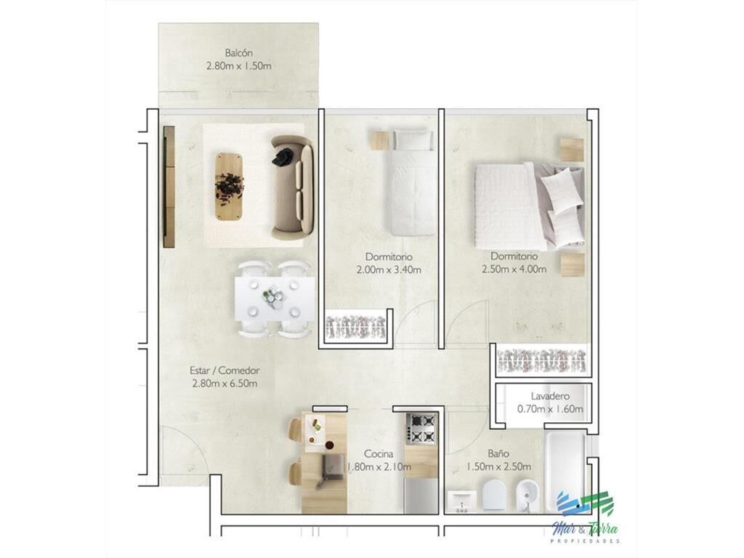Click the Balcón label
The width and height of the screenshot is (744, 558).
tap(238, 52)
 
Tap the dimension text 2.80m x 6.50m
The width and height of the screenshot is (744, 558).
tap(225, 384)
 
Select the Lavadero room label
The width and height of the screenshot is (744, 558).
tap(550, 396)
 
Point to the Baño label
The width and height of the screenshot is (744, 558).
tap(498, 453)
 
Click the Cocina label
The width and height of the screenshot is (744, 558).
tap(379, 454)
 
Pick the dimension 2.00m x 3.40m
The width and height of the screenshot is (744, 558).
tap(389, 270)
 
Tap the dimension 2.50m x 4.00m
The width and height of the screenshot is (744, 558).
tap(514, 269)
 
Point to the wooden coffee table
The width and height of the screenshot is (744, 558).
tap(230, 187)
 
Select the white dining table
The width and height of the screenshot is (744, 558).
tap(274, 299)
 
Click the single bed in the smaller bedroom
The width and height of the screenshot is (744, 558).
tap(411, 183)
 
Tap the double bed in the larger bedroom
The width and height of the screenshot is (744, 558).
tap(529, 206)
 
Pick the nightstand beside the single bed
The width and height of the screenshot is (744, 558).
tap(381, 140)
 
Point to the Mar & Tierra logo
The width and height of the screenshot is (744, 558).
tap(586, 517)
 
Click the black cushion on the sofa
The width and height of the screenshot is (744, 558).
tap(283, 157)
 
